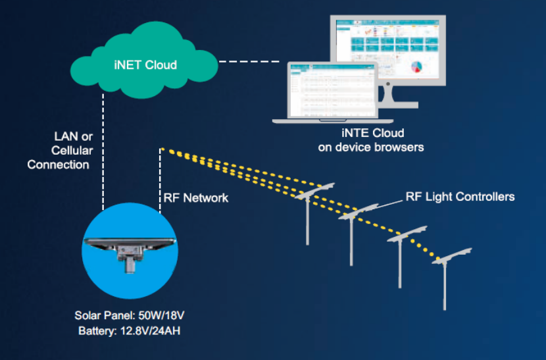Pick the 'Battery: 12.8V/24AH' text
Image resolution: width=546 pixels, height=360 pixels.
coord(130,331)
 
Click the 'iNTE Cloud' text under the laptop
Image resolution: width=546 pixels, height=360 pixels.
coord(370,134)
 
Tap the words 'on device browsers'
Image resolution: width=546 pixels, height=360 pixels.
coord(370,147)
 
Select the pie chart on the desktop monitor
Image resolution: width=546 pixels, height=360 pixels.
coord(416,66)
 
